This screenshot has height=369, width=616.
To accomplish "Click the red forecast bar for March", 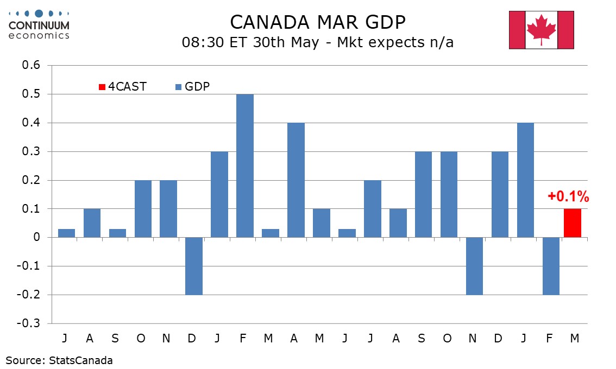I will point(573,223).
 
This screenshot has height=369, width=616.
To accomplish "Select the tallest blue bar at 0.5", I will point(245,166).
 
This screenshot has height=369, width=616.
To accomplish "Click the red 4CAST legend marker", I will point(102,87).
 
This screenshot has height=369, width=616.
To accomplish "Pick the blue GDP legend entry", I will point(192,87).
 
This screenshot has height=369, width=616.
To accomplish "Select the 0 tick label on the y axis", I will point(37,238).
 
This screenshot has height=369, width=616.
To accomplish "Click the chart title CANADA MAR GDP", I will point(318,22).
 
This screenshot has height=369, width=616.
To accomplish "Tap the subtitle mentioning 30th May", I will point(318,42).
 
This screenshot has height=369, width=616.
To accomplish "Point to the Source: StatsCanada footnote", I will point(60,360).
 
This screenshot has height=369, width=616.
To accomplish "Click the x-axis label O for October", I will point(141,338).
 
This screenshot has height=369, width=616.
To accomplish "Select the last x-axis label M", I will point(575,338).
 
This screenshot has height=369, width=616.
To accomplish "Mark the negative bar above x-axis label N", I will point(475,266).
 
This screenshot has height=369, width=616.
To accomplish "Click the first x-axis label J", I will point(65,338).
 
